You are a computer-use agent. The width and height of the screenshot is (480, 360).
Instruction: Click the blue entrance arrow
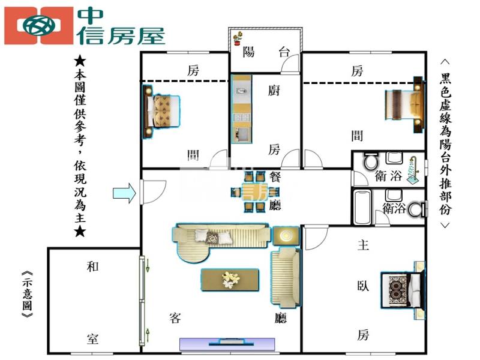click(125, 193)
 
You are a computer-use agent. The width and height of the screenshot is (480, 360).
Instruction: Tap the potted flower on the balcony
click(238, 38)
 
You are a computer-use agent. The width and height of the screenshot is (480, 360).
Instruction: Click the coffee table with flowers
click(230, 280)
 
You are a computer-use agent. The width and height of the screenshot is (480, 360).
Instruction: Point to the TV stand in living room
click(227, 344)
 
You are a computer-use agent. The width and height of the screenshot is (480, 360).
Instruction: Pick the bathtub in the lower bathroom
click(362, 207)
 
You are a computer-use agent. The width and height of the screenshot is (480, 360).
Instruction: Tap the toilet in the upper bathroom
click(371, 161)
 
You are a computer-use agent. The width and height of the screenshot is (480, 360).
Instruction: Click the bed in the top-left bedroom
click(161, 112)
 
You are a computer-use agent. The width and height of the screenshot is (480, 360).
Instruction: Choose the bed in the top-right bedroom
click(404, 104)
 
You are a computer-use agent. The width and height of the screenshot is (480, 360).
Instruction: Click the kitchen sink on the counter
click(242, 91)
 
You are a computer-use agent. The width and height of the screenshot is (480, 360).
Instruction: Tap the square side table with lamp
click(286, 236)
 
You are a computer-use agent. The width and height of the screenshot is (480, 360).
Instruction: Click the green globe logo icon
click(39, 26)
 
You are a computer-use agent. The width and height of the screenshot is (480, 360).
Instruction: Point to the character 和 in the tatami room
click(93, 266)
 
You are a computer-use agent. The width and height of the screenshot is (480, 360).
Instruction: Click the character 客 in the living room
click(175, 318)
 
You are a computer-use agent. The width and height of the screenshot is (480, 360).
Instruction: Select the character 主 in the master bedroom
click(364, 245)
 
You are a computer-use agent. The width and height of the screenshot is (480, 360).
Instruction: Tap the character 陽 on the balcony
click(248, 52)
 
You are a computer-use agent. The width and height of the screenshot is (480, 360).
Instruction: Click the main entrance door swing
click(154, 192)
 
